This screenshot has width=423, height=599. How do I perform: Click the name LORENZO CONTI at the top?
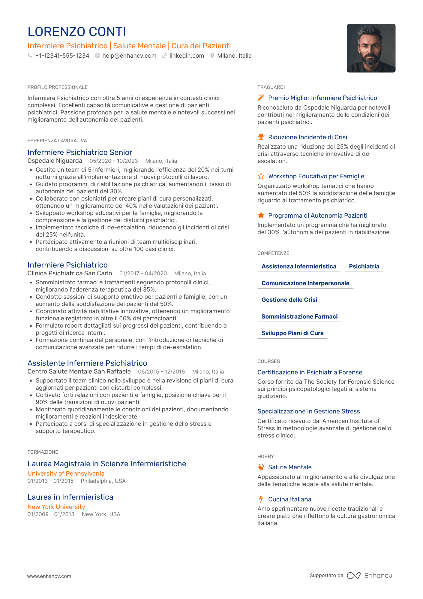click(77, 32)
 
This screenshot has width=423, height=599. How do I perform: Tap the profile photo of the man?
click(371, 48)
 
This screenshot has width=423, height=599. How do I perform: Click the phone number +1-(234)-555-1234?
click(62, 56)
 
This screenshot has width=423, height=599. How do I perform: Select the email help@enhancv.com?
click(129, 56)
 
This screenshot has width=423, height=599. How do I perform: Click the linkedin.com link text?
click(187, 56)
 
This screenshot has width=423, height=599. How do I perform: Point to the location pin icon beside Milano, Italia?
click(212, 56)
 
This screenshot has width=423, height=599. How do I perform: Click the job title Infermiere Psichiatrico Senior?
click(80, 153)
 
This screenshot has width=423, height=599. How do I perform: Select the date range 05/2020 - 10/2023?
click(114, 161)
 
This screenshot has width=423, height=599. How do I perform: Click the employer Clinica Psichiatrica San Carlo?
click(70, 274)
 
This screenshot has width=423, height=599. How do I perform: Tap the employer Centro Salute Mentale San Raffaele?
click(79, 372)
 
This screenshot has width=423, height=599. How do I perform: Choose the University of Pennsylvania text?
click(66, 473)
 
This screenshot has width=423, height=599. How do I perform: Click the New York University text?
click(56, 507)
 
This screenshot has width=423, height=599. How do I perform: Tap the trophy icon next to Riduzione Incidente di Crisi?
click(261, 137)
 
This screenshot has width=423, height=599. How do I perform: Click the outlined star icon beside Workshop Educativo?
click(261, 176)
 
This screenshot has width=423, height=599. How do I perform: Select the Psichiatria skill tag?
click(364, 267)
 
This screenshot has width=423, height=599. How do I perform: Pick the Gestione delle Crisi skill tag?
click(289, 300)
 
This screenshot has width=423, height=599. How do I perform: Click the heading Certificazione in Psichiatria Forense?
click(310, 372)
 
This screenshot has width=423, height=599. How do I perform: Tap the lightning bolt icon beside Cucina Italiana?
click(261, 499)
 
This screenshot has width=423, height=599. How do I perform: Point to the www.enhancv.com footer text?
click(49, 576)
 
